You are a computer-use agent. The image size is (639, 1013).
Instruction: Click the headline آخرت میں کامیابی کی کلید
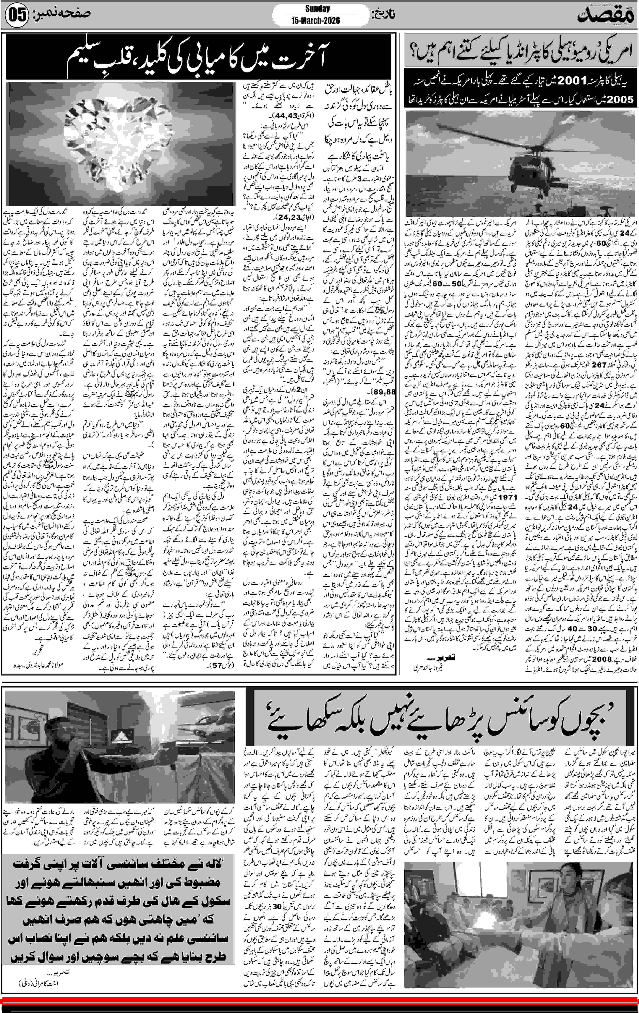pos(198,59)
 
